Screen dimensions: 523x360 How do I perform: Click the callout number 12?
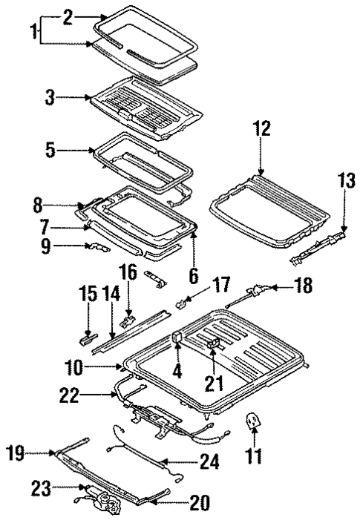pos(261,129)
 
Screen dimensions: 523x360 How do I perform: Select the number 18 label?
pos(304,284)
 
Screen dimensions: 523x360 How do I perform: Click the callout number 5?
pos(50,151)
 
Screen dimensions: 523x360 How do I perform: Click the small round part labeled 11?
pos(253,421)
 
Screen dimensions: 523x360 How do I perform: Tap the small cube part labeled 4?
pos(179,338)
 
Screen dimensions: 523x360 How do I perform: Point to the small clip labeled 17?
pos(181,303)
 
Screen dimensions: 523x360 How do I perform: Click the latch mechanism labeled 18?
pos(256,291)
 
